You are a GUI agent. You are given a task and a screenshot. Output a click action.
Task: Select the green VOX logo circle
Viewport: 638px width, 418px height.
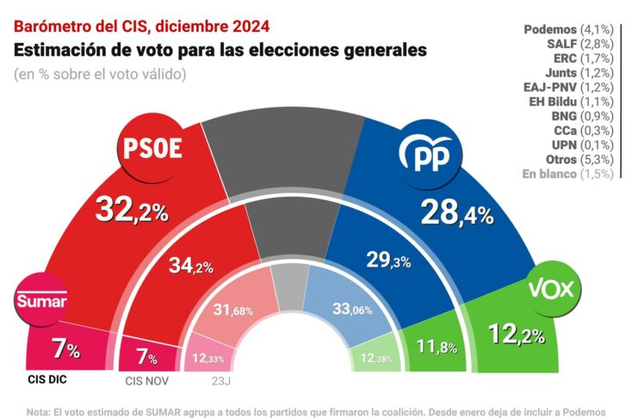point(550,289)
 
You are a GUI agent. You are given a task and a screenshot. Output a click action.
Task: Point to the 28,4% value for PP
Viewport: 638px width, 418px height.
point(455,211)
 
